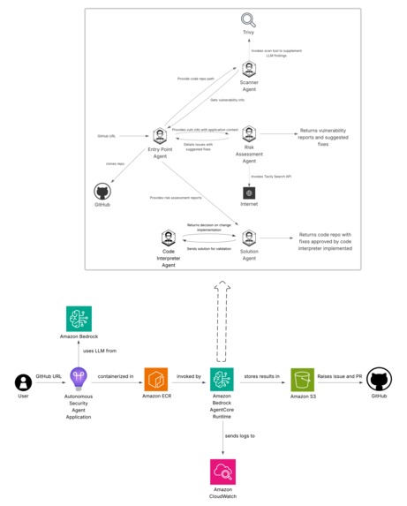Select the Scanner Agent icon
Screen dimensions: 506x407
click(249, 72)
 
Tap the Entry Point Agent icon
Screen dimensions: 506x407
click(160, 136)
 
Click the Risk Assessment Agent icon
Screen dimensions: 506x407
click(249, 134)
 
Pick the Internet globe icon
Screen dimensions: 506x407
click(249, 193)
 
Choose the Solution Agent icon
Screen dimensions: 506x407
click(249, 238)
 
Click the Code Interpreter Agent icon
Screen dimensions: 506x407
click(168, 238)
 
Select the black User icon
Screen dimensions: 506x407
click(24, 381)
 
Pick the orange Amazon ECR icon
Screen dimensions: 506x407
click(156, 381)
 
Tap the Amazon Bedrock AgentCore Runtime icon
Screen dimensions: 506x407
click(222, 381)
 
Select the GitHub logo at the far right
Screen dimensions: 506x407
click(379, 380)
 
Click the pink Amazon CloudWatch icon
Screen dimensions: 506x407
click(222, 472)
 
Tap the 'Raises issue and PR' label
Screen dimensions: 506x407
click(341, 374)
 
